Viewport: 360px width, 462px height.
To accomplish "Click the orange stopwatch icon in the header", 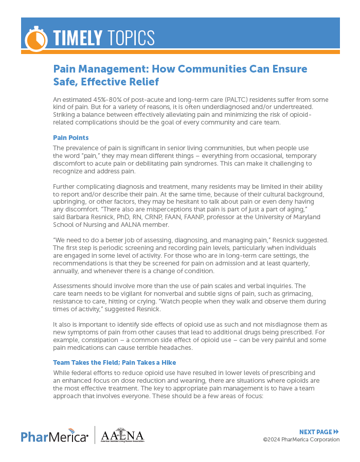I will [36, 38].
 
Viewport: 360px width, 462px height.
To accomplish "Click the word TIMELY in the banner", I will [78, 38].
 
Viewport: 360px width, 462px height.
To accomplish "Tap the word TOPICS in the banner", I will [131, 38].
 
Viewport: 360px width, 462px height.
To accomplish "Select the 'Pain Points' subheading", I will [71, 138].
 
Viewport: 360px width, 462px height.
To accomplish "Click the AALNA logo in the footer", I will [122, 435].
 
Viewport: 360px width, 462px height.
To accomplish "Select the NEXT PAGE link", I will [319, 432].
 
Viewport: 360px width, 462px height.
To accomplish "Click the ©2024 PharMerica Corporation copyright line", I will [301, 439].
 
